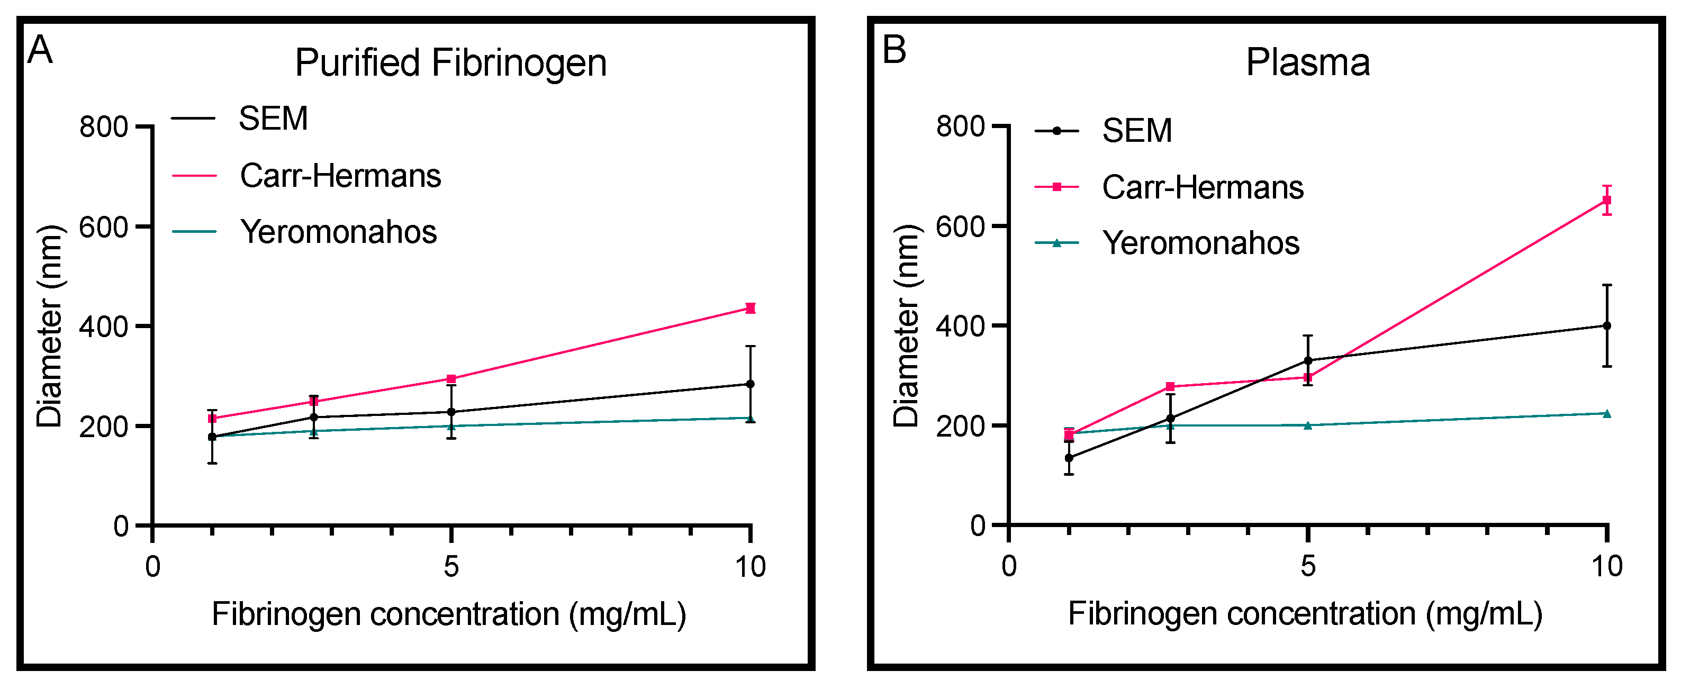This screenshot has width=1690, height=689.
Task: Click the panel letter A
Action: tap(40, 50)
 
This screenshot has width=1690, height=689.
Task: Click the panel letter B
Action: tap(894, 50)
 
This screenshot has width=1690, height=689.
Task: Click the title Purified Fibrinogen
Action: tap(451, 63)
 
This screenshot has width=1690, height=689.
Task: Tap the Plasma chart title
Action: tap(1307, 63)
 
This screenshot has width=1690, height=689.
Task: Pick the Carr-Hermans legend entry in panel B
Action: tap(1202, 188)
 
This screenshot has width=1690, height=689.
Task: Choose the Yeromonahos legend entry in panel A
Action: tap(338, 232)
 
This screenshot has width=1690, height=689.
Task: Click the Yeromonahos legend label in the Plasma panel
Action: tap(1200, 243)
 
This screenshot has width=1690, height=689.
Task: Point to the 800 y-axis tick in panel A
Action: tap(103, 126)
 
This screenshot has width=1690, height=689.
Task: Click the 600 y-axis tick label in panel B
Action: tap(960, 227)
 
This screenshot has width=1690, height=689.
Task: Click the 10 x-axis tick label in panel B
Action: tap(1607, 566)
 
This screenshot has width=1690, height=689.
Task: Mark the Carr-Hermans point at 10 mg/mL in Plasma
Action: tap(1607, 200)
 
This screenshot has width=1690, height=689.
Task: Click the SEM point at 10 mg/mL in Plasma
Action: tap(1607, 326)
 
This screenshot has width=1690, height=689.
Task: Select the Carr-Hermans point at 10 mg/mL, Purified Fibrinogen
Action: tap(751, 309)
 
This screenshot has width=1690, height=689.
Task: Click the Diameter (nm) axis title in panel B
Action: tap(907, 326)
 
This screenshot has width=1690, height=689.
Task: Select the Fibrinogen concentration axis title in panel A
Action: tap(449, 615)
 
